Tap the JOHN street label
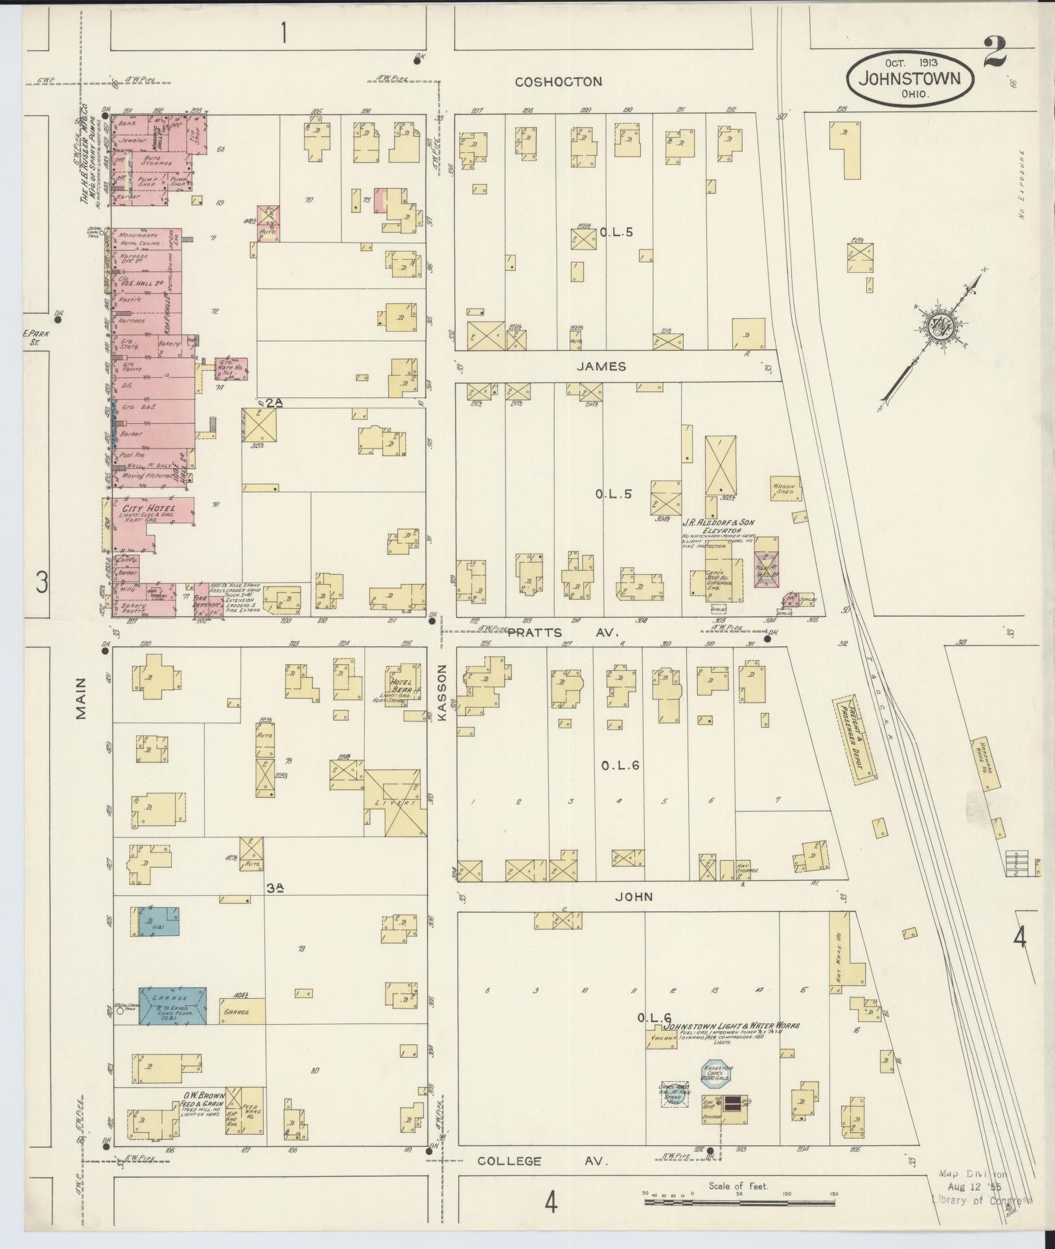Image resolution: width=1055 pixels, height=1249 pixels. coord(633,897)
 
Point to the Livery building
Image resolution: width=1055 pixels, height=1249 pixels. coord(395,802)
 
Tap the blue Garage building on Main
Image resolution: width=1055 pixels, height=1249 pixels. coord(172,1015)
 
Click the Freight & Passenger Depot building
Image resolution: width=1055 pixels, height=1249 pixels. coord(856,738)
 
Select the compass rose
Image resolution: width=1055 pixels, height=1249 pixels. coord(937,327)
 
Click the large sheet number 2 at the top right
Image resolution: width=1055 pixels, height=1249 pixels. coord(994,51)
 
